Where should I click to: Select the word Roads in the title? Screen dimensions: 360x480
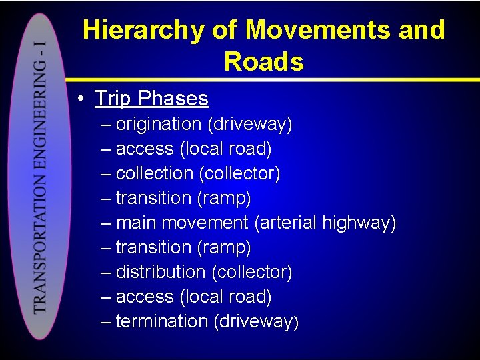click(x=264, y=62)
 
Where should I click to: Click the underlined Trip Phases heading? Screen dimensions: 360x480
click(x=151, y=99)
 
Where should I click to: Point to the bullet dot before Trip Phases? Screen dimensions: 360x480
click(x=79, y=99)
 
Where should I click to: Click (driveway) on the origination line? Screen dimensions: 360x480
click(x=250, y=124)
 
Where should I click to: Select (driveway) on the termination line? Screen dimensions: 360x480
click(x=256, y=321)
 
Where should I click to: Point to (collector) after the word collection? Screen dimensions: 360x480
click(x=239, y=173)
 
